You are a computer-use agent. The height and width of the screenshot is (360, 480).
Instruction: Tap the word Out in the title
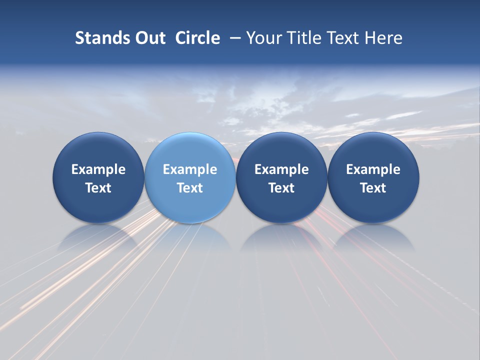tap(148, 38)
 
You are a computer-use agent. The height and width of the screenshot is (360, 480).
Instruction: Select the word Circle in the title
tap(197, 38)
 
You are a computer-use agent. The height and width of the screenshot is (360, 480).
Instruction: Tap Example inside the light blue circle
tap(190, 169)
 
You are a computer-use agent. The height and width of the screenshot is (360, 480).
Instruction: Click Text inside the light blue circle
tap(190, 188)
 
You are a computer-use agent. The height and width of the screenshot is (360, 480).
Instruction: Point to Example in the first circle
tap(98, 169)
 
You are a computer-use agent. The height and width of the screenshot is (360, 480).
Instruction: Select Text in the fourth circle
tap(373, 188)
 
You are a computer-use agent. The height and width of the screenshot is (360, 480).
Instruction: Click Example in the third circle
tap(281, 169)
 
